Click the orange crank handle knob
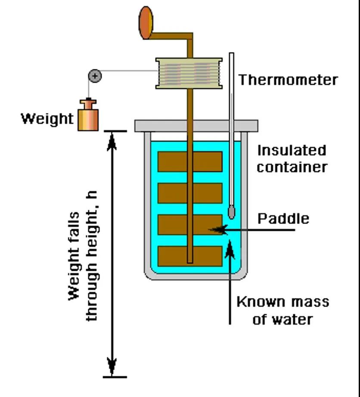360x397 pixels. [x=146, y=22]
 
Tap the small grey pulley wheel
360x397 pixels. [x=95, y=76]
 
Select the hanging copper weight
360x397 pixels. [x=88, y=116]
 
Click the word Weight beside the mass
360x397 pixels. [x=47, y=118]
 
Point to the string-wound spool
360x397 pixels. [x=189, y=74]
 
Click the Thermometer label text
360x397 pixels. [x=288, y=80]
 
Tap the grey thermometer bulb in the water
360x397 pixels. [x=232, y=212]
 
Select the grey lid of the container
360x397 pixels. [x=196, y=126]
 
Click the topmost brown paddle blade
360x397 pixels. [x=190, y=161]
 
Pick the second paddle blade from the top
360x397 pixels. [x=190, y=193]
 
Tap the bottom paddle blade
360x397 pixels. [x=190, y=256]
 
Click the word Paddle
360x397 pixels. [x=283, y=219]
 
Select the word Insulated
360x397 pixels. [x=292, y=151]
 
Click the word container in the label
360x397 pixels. [x=292, y=167]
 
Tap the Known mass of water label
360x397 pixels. [x=282, y=310]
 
